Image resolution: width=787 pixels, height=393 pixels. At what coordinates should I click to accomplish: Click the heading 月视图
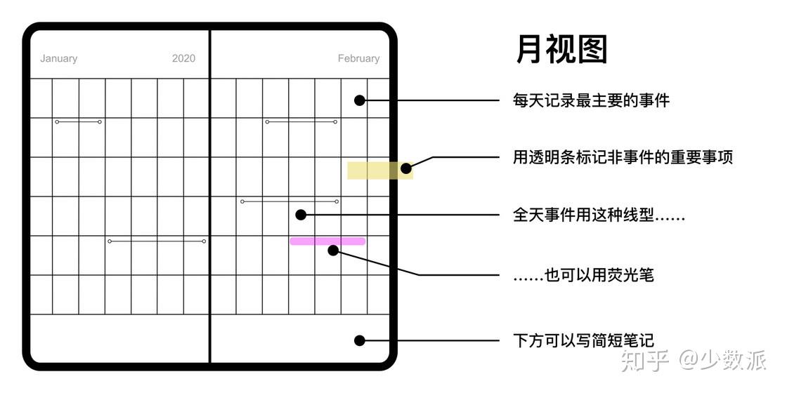tap(561, 51)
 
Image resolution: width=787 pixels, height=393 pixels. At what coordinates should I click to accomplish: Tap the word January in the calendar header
tap(58, 58)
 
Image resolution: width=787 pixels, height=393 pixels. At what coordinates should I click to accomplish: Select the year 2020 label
tap(183, 58)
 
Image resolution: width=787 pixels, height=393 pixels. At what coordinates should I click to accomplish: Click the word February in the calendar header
tap(358, 58)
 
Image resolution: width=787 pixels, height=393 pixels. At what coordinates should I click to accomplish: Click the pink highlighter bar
tap(327, 241)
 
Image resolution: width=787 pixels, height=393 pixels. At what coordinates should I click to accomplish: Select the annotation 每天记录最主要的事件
tap(591, 100)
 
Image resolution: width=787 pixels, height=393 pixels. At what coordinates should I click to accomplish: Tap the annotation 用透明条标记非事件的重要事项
tap(623, 157)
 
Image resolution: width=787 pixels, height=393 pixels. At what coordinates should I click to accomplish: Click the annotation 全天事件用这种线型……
tap(599, 215)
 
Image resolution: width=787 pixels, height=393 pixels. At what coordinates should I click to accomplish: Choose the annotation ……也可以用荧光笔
tap(583, 274)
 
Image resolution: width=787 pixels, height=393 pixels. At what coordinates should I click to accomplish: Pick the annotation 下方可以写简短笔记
tap(583, 340)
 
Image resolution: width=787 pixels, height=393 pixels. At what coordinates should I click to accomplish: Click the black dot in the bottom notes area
tap(359, 340)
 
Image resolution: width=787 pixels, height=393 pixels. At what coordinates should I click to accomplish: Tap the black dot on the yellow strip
tap(405, 168)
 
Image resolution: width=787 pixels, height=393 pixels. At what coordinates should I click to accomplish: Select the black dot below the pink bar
tap(333, 250)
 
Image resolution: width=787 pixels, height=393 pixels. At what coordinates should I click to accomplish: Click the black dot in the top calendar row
tap(359, 100)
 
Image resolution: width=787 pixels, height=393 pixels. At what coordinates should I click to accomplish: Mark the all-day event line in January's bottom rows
tap(157, 241)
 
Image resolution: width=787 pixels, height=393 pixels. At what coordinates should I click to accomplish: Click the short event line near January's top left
tap(78, 122)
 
